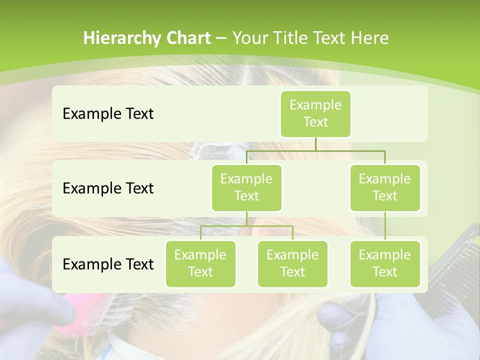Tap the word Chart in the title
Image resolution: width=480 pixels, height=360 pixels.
pos(187,38)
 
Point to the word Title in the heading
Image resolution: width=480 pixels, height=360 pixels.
pos(295,38)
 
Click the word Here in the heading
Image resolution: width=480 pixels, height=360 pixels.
pos(369,38)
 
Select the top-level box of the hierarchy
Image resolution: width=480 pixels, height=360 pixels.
pos(315,113)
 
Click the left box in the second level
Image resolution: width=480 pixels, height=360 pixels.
pos(246,187)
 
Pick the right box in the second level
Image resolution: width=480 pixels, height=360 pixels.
pos(385,187)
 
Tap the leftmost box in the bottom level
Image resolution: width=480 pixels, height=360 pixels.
pos(200,263)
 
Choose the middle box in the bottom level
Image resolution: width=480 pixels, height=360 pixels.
pos(292,263)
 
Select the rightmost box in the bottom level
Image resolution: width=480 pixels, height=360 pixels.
pos(385,263)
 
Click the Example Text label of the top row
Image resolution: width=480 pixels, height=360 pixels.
pos(108,113)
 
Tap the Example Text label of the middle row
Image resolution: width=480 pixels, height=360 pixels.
pos(108,188)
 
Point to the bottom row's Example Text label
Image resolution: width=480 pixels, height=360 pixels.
pos(108,264)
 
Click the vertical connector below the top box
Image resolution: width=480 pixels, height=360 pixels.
pos(315,144)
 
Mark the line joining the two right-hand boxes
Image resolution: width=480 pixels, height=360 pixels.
pos(385,225)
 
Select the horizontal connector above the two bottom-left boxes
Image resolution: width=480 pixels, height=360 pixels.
pos(246,226)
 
